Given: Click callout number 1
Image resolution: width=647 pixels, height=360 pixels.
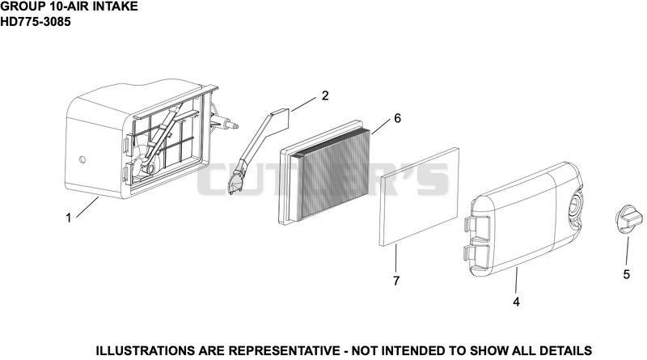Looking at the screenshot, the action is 69,218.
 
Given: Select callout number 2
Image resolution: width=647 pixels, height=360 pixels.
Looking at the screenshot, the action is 325,95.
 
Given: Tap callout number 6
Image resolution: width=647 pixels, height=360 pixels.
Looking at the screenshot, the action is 397,118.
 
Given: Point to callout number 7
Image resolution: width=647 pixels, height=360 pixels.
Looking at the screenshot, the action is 396,281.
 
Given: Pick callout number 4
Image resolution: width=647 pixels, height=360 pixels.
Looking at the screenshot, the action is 516,303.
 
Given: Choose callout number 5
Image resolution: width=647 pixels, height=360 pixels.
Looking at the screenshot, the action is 626,274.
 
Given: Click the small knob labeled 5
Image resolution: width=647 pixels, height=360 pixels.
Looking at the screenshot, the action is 628,219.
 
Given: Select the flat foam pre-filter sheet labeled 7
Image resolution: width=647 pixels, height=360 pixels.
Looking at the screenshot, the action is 419,197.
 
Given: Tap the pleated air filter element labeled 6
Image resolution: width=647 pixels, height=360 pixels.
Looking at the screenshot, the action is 325,173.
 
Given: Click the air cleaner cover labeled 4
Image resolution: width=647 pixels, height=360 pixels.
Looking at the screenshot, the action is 524,217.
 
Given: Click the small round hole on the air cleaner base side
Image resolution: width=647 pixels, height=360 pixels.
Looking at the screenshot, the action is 82,159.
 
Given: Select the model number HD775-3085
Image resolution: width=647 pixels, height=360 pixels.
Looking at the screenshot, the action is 36,22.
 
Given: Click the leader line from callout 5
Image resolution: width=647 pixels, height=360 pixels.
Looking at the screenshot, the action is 628,251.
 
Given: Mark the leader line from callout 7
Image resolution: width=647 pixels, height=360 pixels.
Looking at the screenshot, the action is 395,258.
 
